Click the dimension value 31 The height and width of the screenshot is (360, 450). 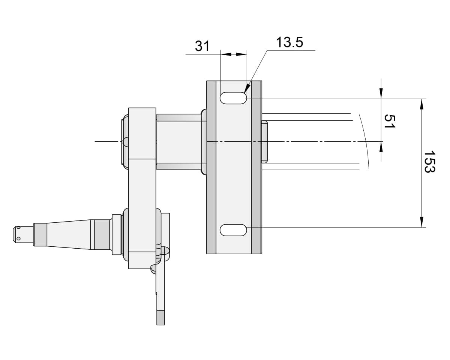tap(202, 46)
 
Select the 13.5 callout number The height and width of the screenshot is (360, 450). tap(289, 42)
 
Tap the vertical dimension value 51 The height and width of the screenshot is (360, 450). tap(389, 121)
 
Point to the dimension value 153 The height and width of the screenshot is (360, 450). tap(429, 162)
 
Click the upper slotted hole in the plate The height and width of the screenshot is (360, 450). tap(233, 98)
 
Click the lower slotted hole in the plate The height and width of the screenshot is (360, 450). tap(233, 230)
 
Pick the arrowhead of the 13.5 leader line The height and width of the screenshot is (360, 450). tap(246, 90)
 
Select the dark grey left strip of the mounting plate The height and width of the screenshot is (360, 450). tap(211, 167)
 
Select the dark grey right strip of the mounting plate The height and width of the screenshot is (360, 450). tap(256, 167)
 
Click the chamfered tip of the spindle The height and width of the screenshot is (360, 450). tap(16, 234)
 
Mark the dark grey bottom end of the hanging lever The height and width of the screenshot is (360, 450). tap(160, 318)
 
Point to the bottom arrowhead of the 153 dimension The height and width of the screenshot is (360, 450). tap(422, 222)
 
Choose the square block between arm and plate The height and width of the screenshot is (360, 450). tap(179, 142)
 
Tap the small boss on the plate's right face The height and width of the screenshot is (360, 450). tap(264, 141)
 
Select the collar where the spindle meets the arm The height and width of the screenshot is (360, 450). tap(117, 234)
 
